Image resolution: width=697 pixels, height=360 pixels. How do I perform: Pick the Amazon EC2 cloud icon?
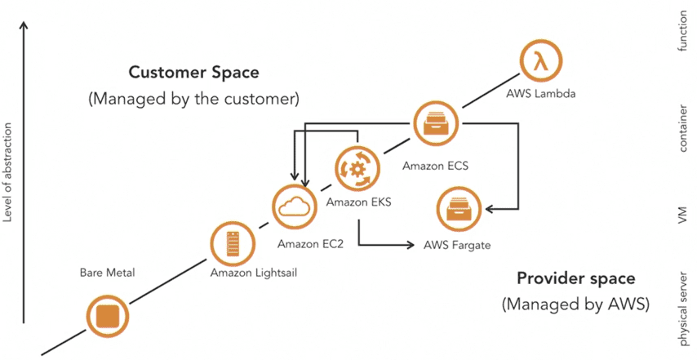coord(296,207)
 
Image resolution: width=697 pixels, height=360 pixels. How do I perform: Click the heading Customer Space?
coord(193,73)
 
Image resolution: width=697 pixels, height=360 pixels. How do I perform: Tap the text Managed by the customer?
coord(193,99)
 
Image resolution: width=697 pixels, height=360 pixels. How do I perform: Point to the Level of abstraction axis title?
coord(9,172)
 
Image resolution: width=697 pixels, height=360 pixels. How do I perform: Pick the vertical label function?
coord(683,32)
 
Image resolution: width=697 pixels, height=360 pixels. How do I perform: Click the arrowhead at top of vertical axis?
coord(25,24)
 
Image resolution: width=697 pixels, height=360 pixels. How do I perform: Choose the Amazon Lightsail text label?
coord(253,273)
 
